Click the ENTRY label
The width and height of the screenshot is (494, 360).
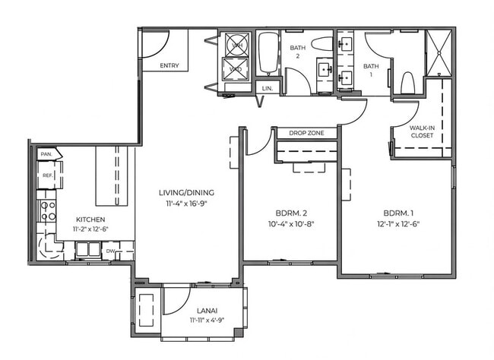[x=169, y=65]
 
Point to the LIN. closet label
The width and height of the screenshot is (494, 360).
[x=267, y=89]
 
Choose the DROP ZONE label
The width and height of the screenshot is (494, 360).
[x=306, y=134]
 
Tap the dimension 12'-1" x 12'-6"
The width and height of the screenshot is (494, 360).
[x=398, y=224]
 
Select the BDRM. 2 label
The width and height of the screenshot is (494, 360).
[x=290, y=213]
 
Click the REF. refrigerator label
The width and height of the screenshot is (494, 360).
[x=46, y=175]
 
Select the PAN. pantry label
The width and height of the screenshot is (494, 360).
[x=46, y=154]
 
